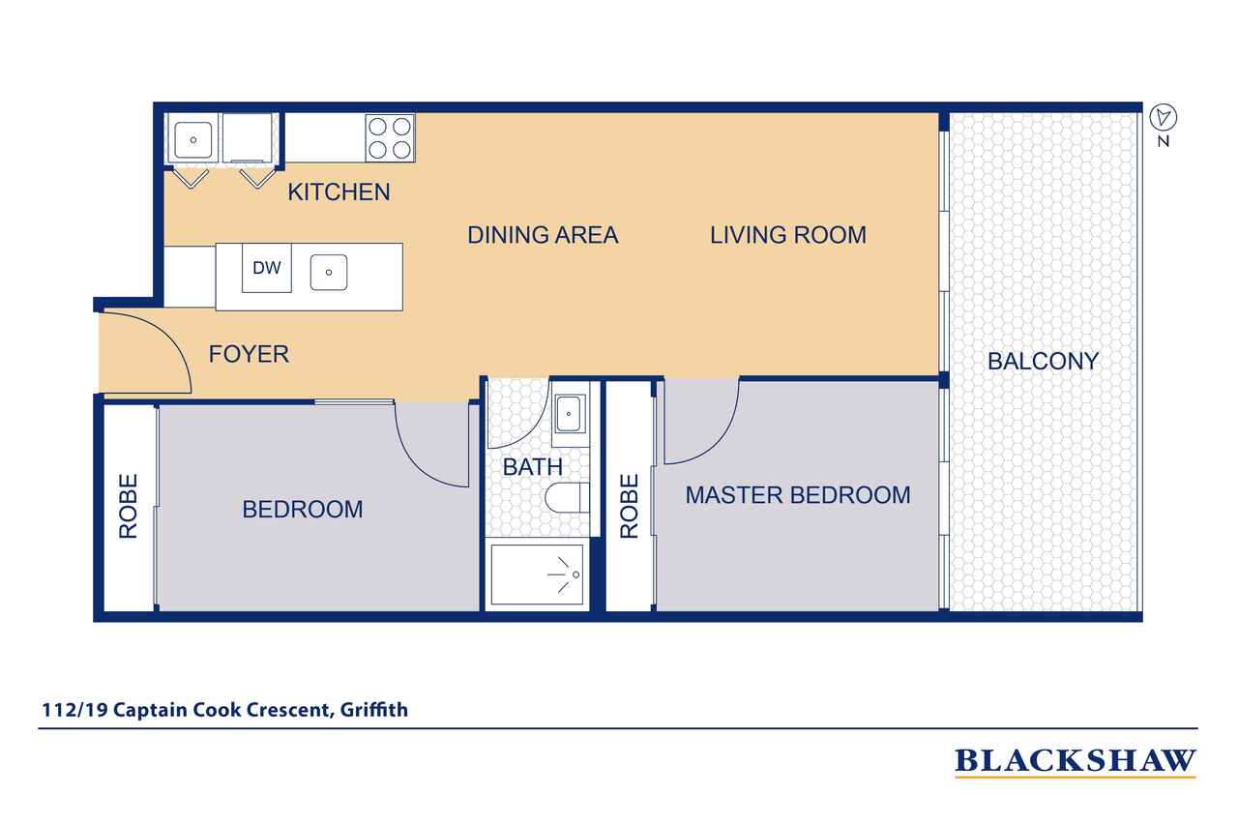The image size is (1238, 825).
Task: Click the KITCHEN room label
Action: coord(339,192)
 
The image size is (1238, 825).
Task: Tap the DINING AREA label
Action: coord(543,235)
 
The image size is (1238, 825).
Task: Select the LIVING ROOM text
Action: coord(788,235)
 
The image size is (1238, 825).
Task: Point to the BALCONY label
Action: coord(1043,362)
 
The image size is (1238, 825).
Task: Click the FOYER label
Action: coord(249,354)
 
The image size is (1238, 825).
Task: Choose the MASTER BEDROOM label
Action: coord(798,495)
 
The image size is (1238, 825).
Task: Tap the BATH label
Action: coord(532,467)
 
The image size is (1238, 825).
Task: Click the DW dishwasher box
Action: coord(266,268)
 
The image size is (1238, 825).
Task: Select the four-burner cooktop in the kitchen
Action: coord(390,138)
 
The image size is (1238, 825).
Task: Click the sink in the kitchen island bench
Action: coord(329,273)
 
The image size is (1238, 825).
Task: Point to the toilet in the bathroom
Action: coord(567,498)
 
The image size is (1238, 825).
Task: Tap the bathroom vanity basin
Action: coord(570,413)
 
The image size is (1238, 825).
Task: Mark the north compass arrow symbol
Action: coord(1164,117)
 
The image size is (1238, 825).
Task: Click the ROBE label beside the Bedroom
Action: coord(129,506)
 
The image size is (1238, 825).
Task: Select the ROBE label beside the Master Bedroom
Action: coord(629,506)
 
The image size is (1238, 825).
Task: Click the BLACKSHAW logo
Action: coord(1075,761)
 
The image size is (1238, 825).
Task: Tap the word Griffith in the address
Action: coord(374,710)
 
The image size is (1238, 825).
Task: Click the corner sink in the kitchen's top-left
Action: coord(192,140)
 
